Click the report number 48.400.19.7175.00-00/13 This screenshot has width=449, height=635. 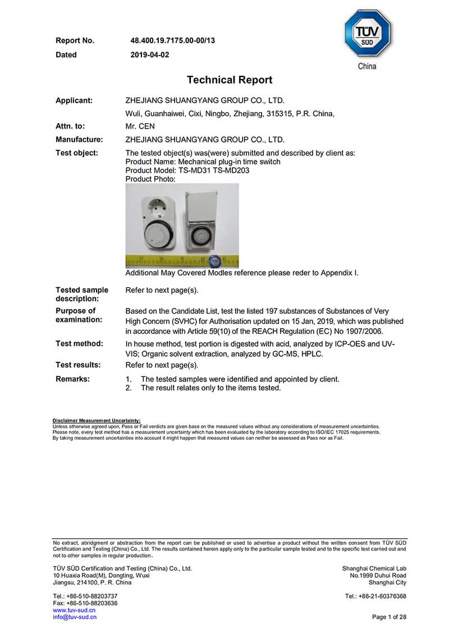[172, 40]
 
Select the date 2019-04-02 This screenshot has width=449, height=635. [150, 55]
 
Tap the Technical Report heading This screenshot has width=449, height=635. [230, 80]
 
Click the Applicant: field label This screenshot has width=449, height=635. [74, 101]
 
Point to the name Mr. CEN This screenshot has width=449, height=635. [140, 127]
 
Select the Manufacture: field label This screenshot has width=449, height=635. [79, 140]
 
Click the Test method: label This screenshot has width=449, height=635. [79, 343]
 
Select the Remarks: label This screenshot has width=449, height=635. [72, 379]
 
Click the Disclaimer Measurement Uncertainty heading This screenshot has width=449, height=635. [97, 420]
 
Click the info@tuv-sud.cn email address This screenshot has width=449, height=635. [75, 617]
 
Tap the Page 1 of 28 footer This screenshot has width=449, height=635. [389, 617]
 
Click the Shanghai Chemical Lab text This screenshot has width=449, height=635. [374, 568]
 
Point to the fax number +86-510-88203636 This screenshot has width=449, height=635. [85, 603]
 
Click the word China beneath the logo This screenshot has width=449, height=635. [367, 67]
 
